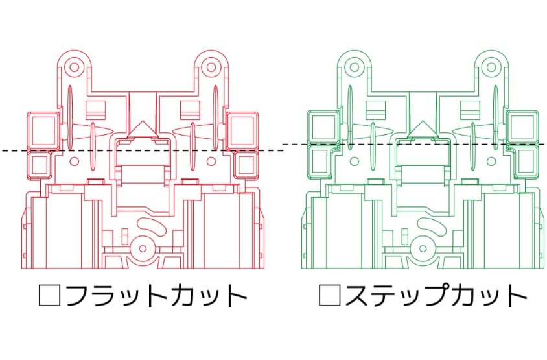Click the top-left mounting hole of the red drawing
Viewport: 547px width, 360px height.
[x=73, y=67]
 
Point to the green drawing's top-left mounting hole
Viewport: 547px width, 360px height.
[x=353, y=67]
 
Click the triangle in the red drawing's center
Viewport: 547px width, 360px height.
[x=142, y=128]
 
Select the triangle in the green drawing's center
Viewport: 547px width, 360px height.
[x=422, y=128]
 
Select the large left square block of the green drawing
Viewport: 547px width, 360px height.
[x=322, y=127]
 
